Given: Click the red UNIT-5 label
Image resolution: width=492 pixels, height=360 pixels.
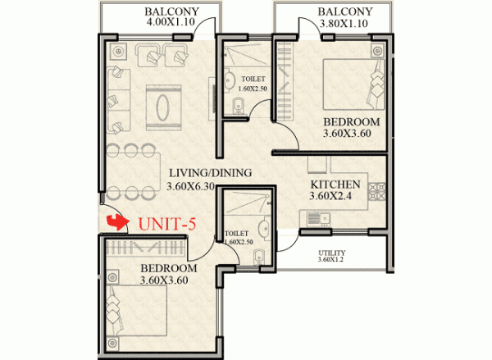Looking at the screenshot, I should pos(169,222).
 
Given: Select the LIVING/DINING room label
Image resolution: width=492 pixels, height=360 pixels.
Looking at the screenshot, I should pos(210,173).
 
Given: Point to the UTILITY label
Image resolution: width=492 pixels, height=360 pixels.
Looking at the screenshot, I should pos(332,253).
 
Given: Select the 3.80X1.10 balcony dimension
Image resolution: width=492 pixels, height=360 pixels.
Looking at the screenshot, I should pos(344,25).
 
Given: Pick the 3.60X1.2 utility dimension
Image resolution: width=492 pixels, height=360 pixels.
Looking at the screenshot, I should pos(332,260).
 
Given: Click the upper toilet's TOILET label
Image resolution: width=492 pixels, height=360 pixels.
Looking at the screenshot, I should pos(254,80).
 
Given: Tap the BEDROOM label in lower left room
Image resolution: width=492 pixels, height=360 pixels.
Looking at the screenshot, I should pos(168,269).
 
